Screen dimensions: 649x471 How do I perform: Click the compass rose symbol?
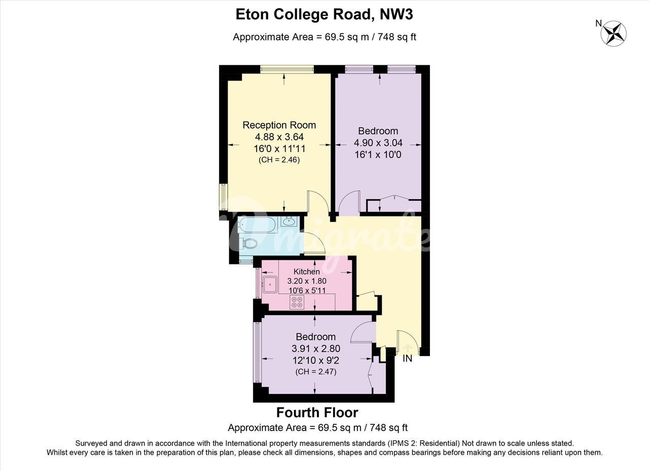tap(614, 33)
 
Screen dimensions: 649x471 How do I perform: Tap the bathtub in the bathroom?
tap(259, 225)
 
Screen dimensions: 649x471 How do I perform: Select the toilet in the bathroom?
tap(248, 243)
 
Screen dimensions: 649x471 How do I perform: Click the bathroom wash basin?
tap(289, 221)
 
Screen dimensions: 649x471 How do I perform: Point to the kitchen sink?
tap(270, 285)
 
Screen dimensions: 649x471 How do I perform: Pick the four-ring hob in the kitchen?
tap(297, 302)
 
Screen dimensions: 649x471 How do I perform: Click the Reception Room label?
tap(279, 125)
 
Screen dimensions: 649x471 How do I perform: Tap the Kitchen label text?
tap(307, 271)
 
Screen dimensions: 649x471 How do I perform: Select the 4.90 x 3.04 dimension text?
tap(378, 143)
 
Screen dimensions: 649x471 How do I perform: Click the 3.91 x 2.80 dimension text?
tap(316, 348)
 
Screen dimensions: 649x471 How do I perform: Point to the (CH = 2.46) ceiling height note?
tap(279, 160)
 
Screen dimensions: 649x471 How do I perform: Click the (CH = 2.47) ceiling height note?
tap(316, 372)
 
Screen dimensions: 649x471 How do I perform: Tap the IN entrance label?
tap(407, 359)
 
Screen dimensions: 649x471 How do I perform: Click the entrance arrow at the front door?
tap(408, 347)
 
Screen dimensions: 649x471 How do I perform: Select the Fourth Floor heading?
tap(317, 413)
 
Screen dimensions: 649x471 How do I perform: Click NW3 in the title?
tap(396, 14)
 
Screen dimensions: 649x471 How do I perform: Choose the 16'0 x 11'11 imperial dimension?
tap(279, 149)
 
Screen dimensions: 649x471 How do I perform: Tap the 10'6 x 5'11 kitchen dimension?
tap(307, 290)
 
